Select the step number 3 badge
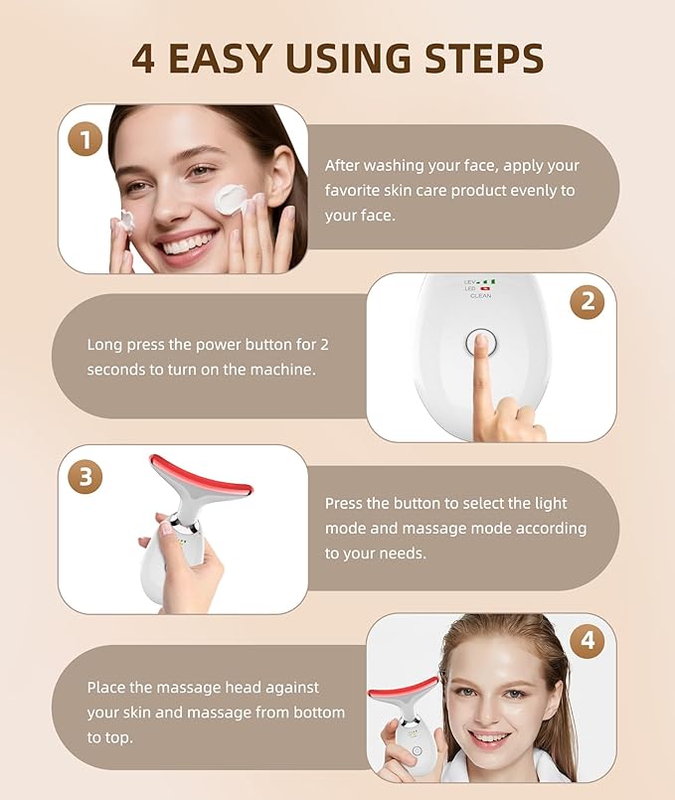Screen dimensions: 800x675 pos(84,476)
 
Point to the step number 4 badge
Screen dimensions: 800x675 pos(587,641)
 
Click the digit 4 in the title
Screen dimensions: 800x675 pos(143,59)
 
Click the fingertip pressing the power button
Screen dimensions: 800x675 pos(480,343)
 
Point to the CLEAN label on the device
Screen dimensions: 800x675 pos(481,296)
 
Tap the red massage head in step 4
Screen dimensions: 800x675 pos(403,688)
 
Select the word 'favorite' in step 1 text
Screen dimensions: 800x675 pos(355,190)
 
